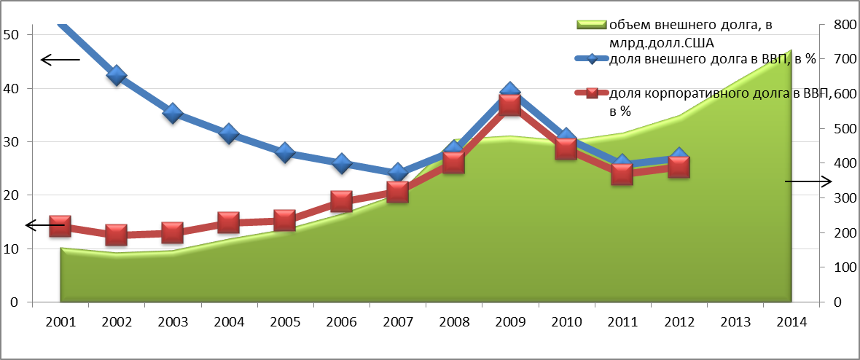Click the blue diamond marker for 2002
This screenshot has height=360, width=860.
tap(117, 75)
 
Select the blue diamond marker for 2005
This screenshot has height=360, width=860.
tap(285, 153)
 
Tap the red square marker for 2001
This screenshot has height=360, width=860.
tap(60, 227)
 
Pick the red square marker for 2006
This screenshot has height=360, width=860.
tap(341, 201)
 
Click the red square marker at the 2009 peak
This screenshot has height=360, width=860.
tap(509, 105)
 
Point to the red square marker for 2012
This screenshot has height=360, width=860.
tap(679, 167)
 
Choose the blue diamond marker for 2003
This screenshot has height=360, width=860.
tap(173, 113)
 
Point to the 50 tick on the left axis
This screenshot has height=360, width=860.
tap(12, 35)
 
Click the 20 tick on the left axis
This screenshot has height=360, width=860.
tap(12, 195)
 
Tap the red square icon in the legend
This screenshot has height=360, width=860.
tap(591, 93)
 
